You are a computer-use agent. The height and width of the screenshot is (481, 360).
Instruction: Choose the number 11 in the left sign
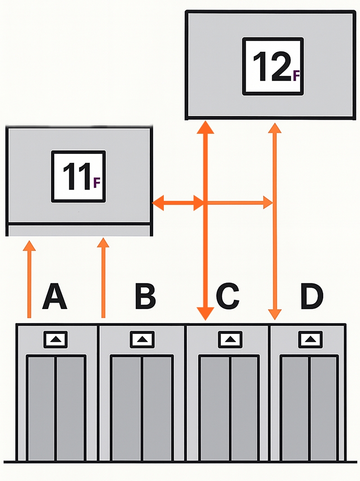pos(76,176)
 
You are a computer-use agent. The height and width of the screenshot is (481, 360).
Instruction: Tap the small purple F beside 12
pos(296,76)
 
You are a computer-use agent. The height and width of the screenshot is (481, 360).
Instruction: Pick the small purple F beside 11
pos(96,182)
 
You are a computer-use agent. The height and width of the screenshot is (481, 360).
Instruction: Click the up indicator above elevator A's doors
pos(56,339)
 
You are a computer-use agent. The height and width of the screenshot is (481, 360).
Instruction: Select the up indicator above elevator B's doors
pos(142,339)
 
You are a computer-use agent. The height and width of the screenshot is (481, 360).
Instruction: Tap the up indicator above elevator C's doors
pos(229,339)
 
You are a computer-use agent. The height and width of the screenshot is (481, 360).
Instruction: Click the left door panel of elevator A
pos(41,408)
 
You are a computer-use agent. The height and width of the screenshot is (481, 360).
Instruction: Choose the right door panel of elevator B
pos(157,408)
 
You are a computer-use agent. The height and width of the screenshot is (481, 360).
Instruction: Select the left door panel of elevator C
pos(215,408)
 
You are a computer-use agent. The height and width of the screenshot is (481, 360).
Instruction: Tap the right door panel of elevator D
pos(324,408)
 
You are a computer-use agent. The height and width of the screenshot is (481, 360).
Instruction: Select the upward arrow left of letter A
pos(30,279)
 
